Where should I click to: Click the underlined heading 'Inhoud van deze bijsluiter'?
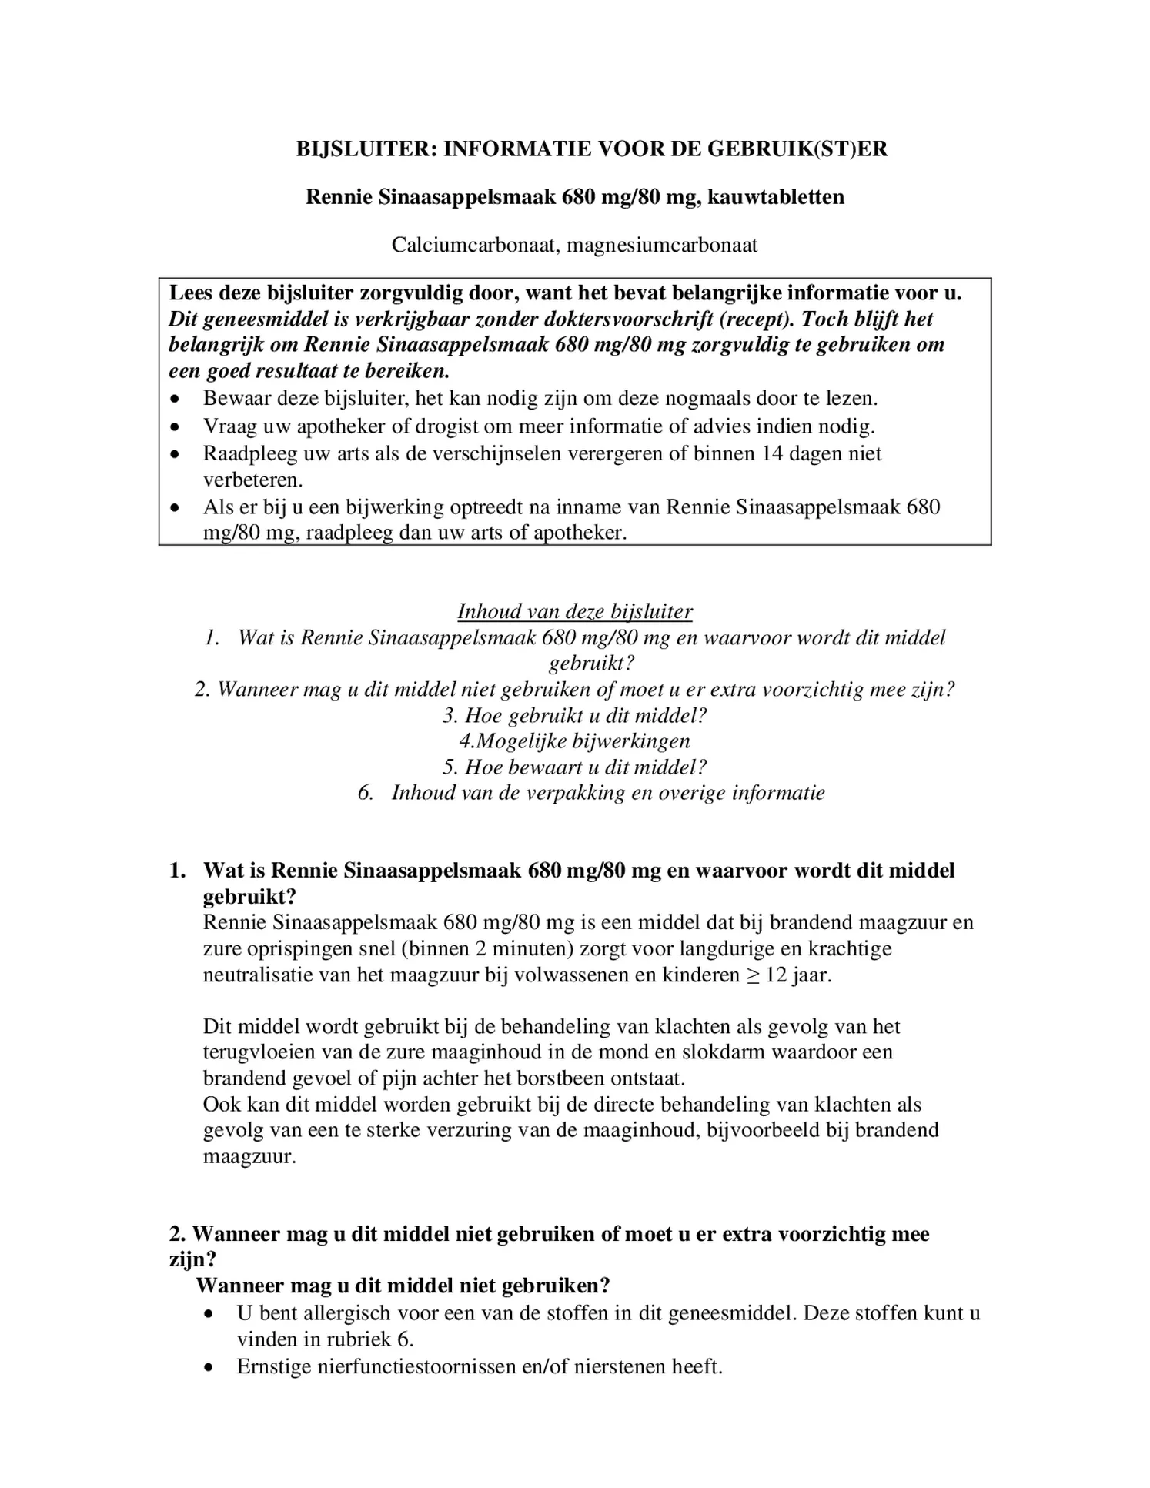click(575, 611)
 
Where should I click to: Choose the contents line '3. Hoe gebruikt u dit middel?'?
click(574, 715)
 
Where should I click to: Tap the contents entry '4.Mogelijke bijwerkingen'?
click(574, 741)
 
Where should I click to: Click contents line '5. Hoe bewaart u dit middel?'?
click(574, 767)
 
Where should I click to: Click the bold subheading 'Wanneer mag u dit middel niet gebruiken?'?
click(403, 1286)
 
